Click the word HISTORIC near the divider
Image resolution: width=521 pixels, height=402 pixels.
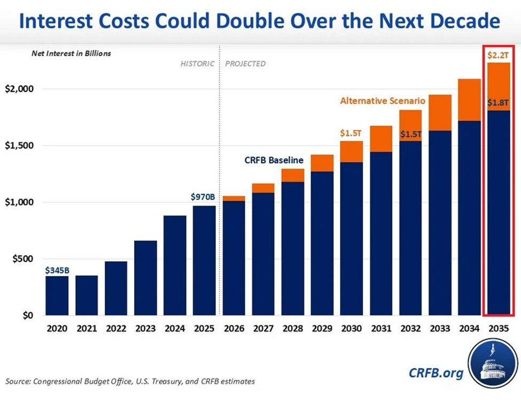coord(197,63)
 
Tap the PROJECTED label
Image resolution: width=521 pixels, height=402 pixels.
coord(245,63)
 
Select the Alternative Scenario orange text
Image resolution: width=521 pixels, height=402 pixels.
coord(382,101)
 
